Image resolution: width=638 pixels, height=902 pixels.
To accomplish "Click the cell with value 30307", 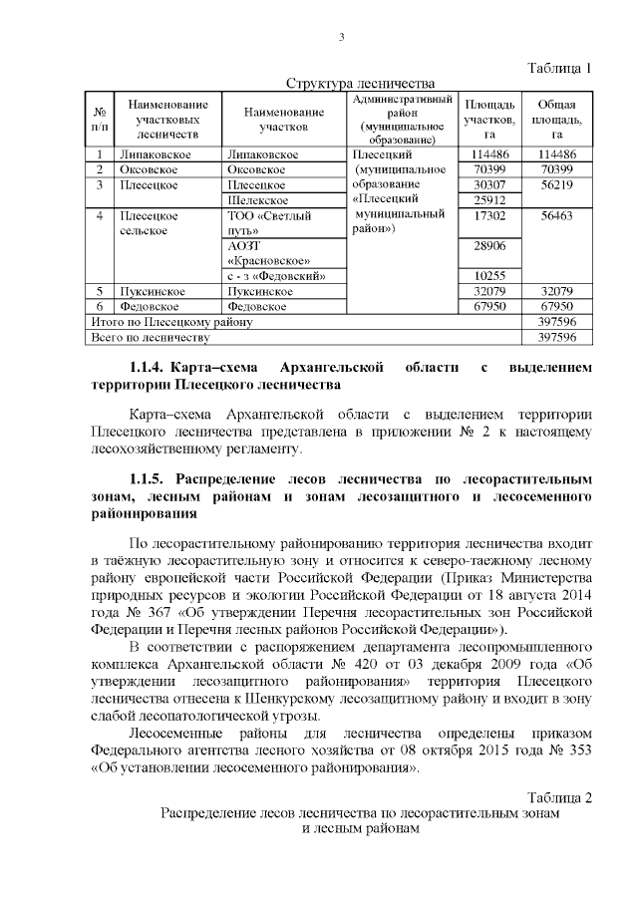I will tap(489, 185).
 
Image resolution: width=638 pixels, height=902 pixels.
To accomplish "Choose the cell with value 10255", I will tap(489, 276).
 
